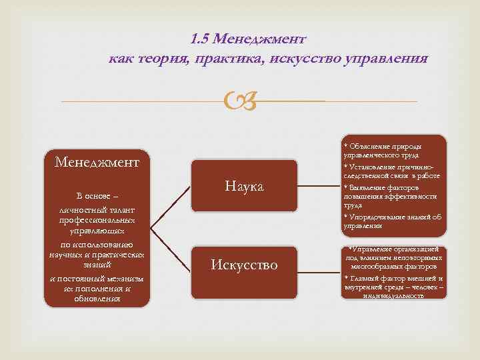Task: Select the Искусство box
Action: point(243,265)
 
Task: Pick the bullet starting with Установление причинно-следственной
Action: point(387,171)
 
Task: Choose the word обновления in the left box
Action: point(97,299)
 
